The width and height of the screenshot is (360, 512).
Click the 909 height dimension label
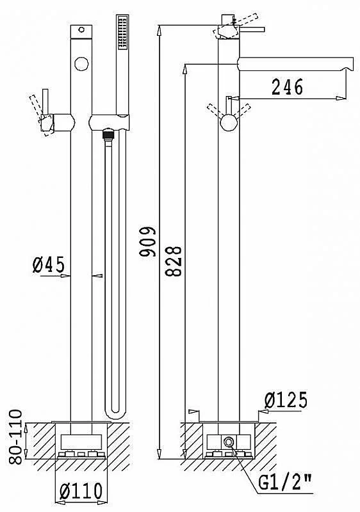(x=148, y=241)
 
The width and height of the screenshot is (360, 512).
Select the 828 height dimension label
(x=173, y=261)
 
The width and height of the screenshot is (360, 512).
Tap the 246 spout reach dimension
(x=288, y=87)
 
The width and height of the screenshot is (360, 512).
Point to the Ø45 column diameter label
(x=49, y=264)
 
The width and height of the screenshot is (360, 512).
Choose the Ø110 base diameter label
(x=81, y=490)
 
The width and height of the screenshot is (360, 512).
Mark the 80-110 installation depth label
(x=15, y=436)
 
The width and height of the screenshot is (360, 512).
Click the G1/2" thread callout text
(x=284, y=483)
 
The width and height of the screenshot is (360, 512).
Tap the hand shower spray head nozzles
(x=122, y=33)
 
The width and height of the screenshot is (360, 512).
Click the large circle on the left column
(x=81, y=63)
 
